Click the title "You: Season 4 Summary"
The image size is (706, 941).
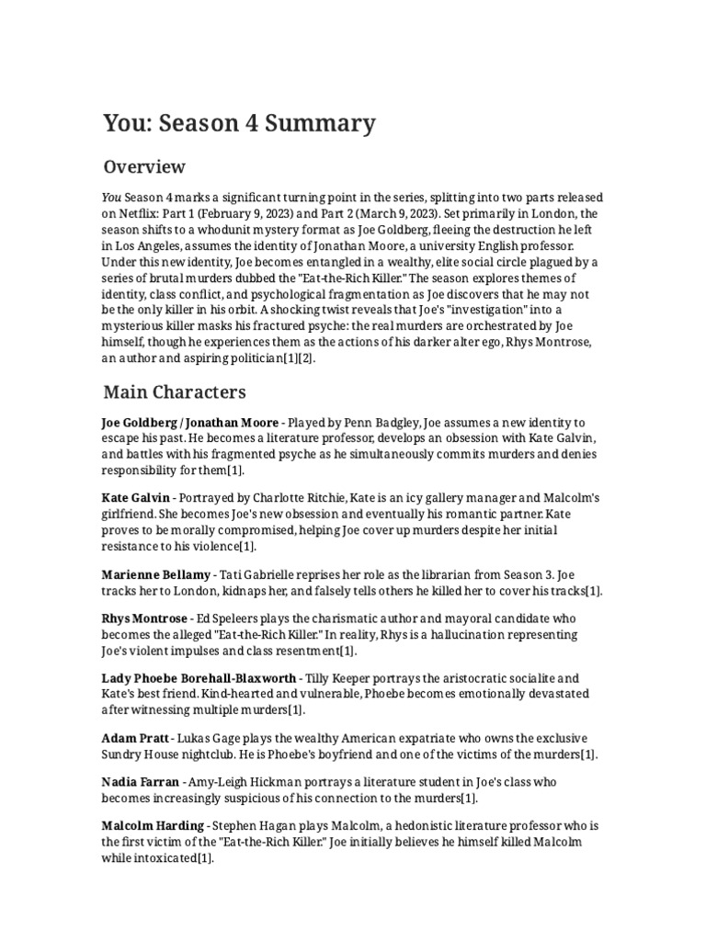pyautogui.click(x=239, y=123)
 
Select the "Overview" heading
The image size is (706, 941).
pyautogui.click(x=144, y=167)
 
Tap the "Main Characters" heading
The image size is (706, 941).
pyautogui.click(x=174, y=392)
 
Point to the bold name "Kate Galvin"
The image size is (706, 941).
pyautogui.click(x=142, y=497)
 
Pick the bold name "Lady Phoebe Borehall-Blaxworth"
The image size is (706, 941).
pyautogui.click(x=199, y=677)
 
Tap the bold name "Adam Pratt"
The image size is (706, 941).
pyautogui.click(x=134, y=738)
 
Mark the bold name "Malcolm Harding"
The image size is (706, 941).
pyautogui.click(x=154, y=827)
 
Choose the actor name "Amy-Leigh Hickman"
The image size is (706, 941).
pyautogui.click(x=253, y=782)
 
